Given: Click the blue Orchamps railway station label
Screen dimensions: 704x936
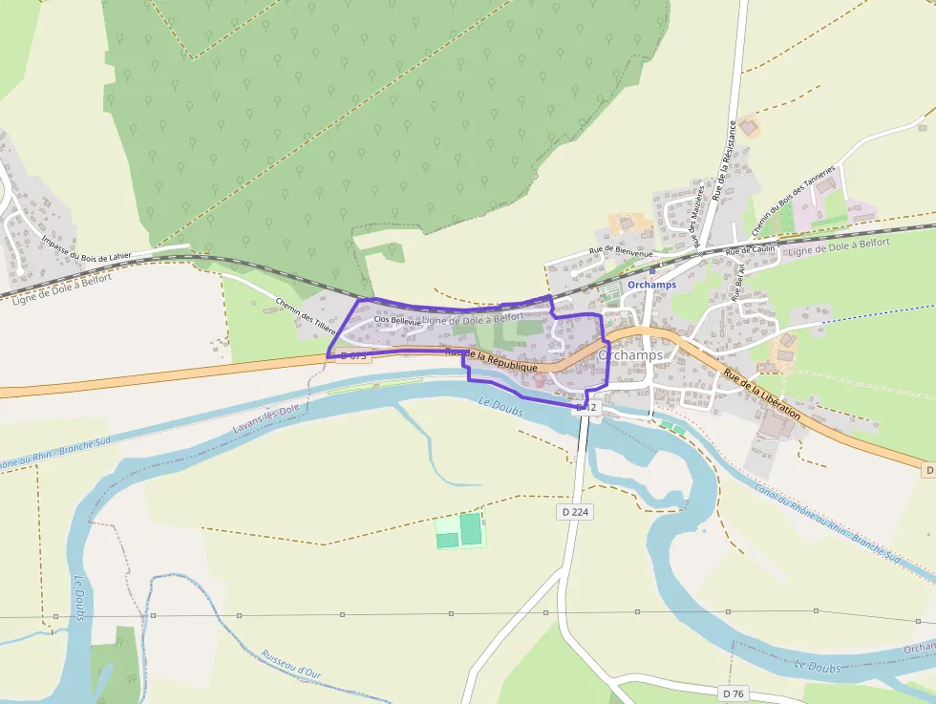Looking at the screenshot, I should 651,285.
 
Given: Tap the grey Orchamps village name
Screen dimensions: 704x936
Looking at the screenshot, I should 629,354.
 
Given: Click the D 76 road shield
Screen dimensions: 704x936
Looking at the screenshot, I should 733,693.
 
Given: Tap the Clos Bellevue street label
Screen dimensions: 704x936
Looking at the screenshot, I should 397,322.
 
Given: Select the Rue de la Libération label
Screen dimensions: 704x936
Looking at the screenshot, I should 761,392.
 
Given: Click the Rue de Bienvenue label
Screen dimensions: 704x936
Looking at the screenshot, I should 621,251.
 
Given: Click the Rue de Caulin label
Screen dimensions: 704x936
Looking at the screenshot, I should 750,251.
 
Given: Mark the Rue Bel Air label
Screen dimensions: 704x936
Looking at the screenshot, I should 738,283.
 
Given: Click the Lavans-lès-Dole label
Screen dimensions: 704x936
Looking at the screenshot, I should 266,418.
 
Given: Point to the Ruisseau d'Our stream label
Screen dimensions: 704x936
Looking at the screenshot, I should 290,666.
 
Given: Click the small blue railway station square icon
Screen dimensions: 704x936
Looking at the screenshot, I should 651,270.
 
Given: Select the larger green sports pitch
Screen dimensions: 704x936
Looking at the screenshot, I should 471,526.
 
